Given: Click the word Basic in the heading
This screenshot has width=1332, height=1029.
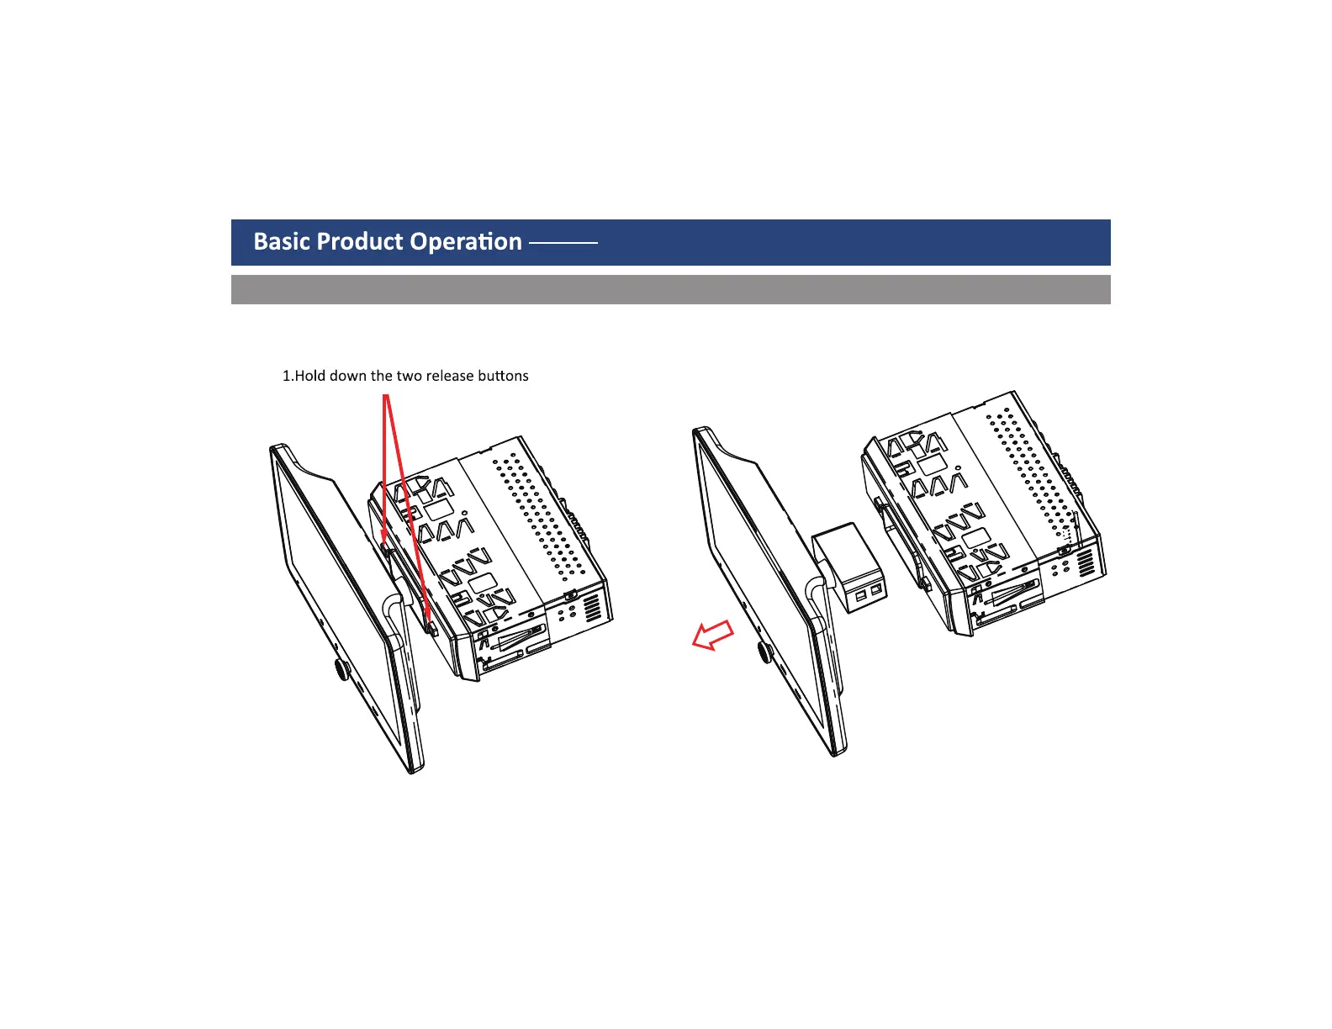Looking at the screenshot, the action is pos(283,242).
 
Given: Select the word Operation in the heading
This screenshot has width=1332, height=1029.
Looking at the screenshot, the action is pos(467,242).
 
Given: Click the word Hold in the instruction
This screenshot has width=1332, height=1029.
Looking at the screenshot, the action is pos(310,376).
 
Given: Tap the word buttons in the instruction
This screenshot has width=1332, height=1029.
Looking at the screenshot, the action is pos(503,376).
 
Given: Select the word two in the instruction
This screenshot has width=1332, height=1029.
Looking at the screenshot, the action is pos(409,376).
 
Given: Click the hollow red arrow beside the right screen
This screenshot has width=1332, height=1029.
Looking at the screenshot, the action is pos(712,636).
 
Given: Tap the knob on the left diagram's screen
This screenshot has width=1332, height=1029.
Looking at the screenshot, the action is pos(342,669).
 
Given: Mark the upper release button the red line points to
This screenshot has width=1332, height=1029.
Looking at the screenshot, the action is pos(384,547).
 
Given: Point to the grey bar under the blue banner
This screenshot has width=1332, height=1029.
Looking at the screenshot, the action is pos(670,289).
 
